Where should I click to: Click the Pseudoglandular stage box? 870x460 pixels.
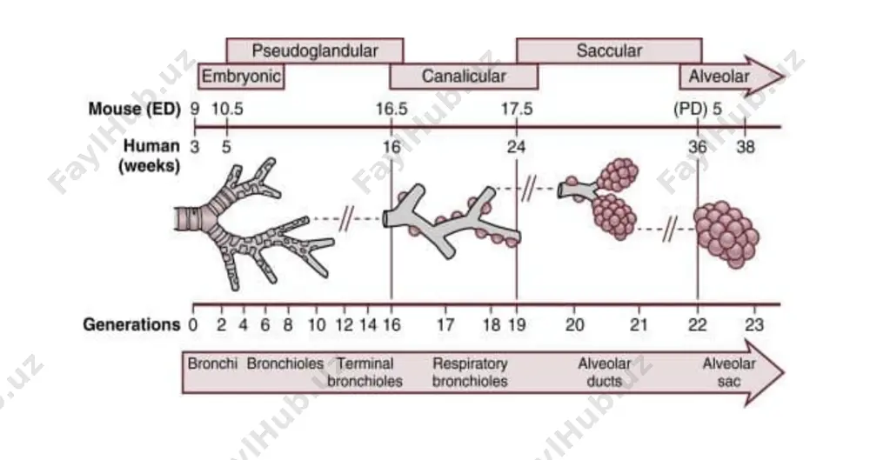pos(315,50)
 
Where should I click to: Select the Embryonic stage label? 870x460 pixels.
pos(241,76)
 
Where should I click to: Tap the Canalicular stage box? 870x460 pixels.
pos(464,76)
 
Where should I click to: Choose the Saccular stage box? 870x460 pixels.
pos(609,50)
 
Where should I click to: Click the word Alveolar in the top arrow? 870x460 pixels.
pos(719,76)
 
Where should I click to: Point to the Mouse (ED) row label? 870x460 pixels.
pos(135,109)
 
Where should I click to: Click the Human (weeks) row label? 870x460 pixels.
pos(150,156)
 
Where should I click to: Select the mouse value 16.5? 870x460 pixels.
pos(391,109)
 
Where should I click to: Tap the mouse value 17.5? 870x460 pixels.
pos(517,109)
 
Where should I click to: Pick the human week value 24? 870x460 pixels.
pos(516,147)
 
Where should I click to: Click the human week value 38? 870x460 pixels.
pos(746,147)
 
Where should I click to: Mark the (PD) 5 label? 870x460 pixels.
pos(698,109)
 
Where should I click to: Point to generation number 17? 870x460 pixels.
pos(445,324)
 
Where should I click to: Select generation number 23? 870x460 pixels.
pos(754,324)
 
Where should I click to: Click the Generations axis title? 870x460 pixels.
pos(131,324)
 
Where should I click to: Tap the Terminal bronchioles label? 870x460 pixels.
pos(365,372)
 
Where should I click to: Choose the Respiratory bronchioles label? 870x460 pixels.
pos(470,372)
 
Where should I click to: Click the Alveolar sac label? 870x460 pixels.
pos(729,372)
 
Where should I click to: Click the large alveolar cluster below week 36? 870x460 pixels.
pos(726,235)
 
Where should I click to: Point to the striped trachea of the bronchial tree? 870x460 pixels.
pos(189,218)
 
